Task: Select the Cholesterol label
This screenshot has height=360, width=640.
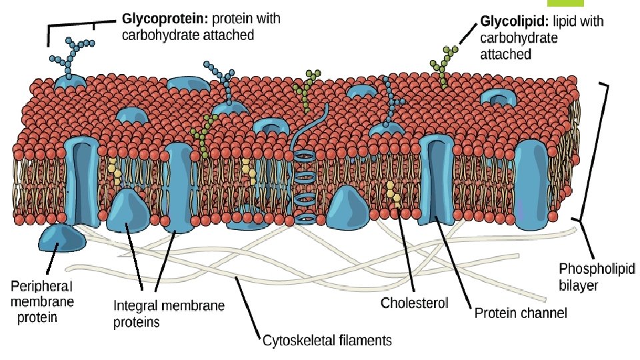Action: point(414,303)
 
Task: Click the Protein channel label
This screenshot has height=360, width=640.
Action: point(520,313)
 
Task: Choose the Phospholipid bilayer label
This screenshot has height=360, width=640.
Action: point(596,277)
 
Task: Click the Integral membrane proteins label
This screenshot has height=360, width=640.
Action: point(169,313)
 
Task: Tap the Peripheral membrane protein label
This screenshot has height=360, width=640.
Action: point(41,301)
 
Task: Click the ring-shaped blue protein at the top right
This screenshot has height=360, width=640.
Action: point(499,98)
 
